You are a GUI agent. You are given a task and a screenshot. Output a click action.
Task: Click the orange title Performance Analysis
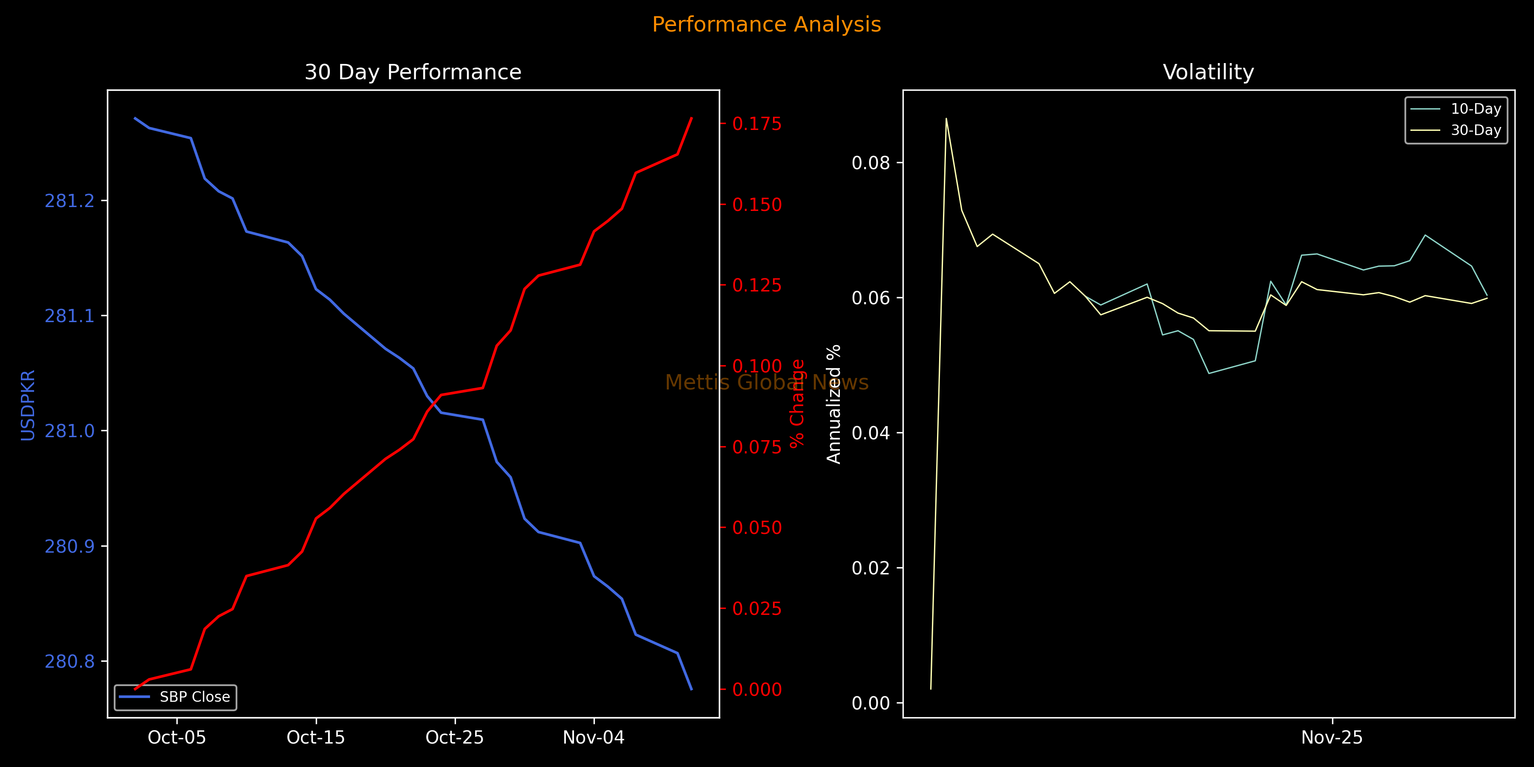767,24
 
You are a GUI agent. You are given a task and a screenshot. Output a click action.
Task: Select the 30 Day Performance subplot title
412,72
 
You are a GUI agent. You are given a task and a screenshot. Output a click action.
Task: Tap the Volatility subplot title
1208,72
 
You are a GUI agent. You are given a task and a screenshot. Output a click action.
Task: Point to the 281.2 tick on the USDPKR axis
70,201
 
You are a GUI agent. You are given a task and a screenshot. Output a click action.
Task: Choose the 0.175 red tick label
757,124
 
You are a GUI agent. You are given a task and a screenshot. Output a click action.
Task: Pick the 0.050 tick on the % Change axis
757,528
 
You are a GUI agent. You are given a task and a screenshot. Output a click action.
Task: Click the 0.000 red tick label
757,689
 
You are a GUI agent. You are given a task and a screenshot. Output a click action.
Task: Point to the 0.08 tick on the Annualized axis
871,163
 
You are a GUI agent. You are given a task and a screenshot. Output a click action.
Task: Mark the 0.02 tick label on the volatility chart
871,568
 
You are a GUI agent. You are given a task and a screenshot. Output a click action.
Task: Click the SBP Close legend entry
194,697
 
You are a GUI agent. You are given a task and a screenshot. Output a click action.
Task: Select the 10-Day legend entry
1476,109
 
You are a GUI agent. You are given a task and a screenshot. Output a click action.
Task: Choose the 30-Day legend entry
1476,130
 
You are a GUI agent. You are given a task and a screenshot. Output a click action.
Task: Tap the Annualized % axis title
834,404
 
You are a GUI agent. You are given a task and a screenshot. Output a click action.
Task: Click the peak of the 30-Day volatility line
946,118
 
